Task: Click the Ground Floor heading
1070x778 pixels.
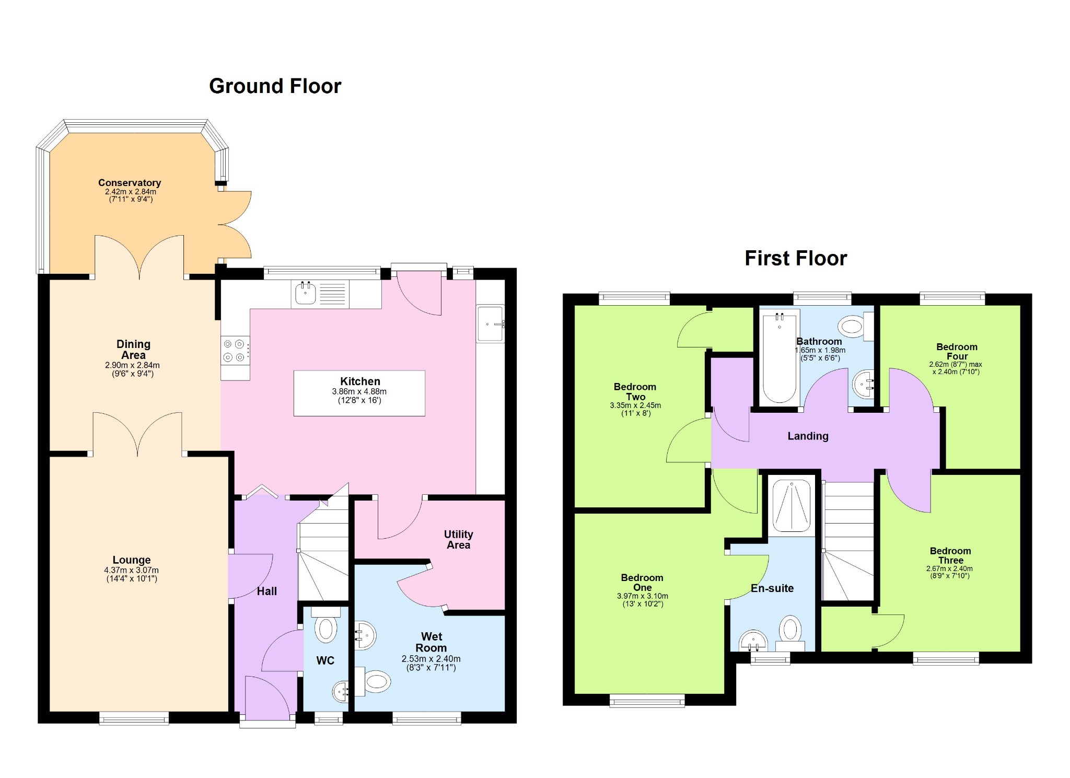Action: point(275,86)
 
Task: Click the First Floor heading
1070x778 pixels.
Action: point(795,259)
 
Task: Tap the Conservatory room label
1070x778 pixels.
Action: point(130,183)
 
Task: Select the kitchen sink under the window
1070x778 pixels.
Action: point(305,294)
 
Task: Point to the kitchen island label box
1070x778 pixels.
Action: point(359,393)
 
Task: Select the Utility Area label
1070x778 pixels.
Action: point(459,540)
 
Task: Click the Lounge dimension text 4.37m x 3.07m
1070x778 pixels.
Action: point(132,570)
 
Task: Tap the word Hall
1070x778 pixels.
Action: point(267,591)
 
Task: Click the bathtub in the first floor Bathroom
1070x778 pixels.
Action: point(779,358)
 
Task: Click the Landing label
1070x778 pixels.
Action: point(808,436)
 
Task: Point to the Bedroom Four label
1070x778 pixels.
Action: point(957,352)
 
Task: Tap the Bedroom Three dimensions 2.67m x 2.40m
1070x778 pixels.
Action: point(950,568)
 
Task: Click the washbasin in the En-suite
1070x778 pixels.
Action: point(753,641)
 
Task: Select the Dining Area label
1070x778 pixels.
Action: point(133,350)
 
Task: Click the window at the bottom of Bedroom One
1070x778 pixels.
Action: point(647,700)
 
